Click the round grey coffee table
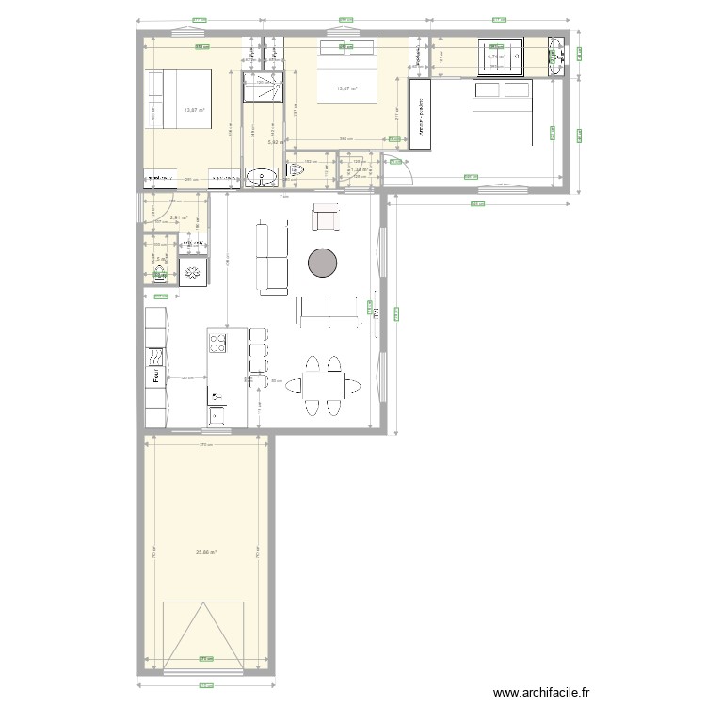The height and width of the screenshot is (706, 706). [323, 263]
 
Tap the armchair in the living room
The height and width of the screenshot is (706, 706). [325, 218]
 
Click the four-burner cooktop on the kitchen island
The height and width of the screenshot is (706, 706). [217, 342]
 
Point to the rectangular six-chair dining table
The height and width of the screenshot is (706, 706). [322, 385]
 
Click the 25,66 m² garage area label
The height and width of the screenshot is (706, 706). [206, 552]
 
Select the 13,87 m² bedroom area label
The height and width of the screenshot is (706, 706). [195, 110]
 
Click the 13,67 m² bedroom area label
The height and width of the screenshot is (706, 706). [345, 88]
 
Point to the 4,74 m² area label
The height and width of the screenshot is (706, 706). [497, 56]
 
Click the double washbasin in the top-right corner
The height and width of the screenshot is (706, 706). [556, 56]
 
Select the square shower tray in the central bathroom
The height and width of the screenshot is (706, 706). [263, 88]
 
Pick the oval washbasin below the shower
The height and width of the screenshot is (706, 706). [257, 177]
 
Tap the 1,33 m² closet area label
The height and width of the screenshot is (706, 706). [359, 169]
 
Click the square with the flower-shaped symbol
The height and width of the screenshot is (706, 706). [194, 273]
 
